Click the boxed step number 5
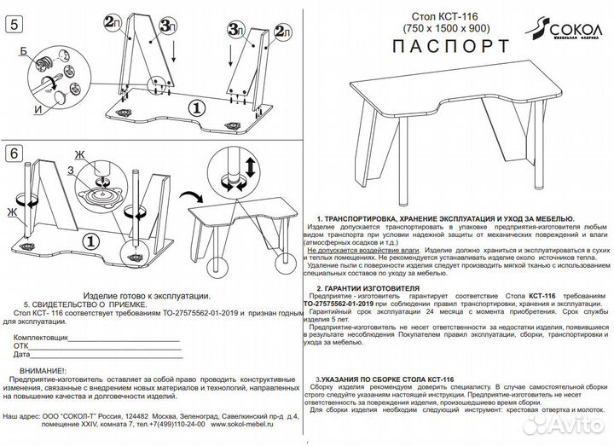point(14,24)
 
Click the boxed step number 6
point(14,154)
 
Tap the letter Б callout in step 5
point(23,52)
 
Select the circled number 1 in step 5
point(194,107)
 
